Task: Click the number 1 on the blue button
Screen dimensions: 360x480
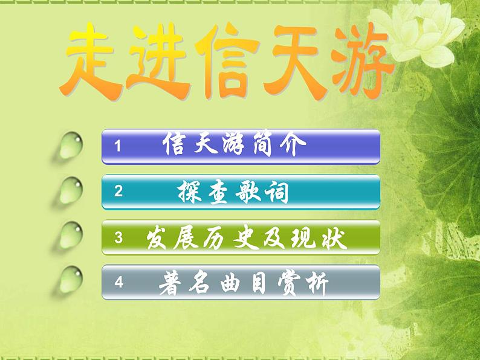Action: pos(118,146)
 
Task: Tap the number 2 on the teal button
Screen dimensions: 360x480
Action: pos(118,192)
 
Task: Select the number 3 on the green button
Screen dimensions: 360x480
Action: pos(118,238)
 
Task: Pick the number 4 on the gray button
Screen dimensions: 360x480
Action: pos(118,282)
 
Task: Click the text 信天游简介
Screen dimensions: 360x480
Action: pos(230,146)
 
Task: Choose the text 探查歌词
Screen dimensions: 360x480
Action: pos(232,192)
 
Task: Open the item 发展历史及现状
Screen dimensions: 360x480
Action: pos(247,238)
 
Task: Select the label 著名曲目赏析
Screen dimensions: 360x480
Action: pos(244,282)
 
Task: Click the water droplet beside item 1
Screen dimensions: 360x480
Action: pos(71,146)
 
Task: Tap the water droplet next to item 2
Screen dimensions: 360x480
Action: pos(71,191)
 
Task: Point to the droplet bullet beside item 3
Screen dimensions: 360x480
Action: pos(71,236)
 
